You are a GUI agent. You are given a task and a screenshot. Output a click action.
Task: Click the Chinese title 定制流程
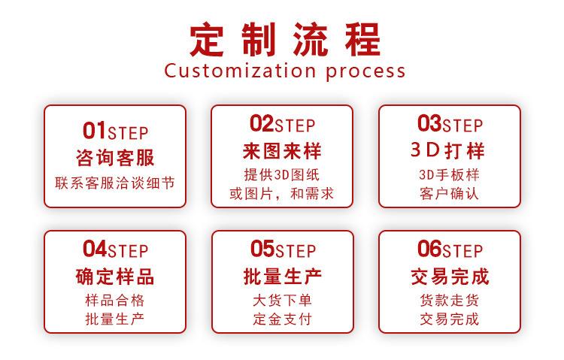coord(284,38)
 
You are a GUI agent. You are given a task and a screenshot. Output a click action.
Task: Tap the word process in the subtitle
coord(366,72)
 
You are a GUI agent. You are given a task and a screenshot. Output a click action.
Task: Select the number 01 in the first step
coord(94,131)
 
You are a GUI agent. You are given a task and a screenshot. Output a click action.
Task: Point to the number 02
coord(261,123)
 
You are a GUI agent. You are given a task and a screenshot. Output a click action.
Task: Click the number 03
coord(429,123)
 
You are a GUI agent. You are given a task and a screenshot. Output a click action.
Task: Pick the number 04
coord(94,248)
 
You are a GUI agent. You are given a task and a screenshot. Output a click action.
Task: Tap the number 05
coord(262,248)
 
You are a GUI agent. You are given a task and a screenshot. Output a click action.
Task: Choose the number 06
coord(429,248)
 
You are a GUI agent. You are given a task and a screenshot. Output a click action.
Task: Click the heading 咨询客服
coord(115,158)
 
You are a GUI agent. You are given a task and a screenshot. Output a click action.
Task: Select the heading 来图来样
coord(282,151)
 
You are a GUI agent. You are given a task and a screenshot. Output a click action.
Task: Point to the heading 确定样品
coord(115,276)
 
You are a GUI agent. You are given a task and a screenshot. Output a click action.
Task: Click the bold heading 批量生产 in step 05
coord(282,276)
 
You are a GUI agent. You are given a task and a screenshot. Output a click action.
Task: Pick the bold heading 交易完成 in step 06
coord(449,276)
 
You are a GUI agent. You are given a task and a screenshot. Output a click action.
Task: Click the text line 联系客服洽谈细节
coord(115,182)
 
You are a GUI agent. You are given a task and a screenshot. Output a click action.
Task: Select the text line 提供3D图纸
coord(282,175)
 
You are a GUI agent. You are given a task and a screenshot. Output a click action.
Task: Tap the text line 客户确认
coord(449,194)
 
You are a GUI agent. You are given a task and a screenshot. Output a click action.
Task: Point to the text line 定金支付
coord(282,319)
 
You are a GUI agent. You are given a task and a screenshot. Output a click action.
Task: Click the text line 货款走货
coord(449,300)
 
